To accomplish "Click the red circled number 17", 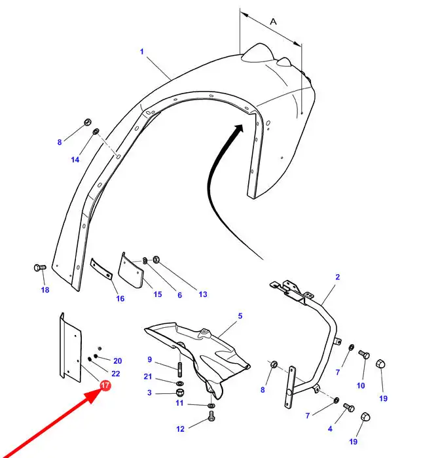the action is (105, 385).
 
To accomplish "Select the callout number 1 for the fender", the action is (142, 52).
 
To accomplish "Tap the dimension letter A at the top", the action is (273, 22).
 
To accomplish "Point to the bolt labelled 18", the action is (40, 267).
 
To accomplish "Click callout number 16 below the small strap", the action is (120, 298).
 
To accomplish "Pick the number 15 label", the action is (158, 294).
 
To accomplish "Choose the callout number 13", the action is (203, 294).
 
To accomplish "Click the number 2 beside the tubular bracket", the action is (337, 277).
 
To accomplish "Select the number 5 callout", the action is (240, 316).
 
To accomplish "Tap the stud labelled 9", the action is (179, 370).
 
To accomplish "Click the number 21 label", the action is (148, 376).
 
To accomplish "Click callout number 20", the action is (117, 361).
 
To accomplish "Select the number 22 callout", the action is (116, 374).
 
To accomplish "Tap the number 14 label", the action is (75, 160).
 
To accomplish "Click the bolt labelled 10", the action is (364, 355).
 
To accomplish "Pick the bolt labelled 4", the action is (348, 407).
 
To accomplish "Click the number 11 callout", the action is (179, 403).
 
